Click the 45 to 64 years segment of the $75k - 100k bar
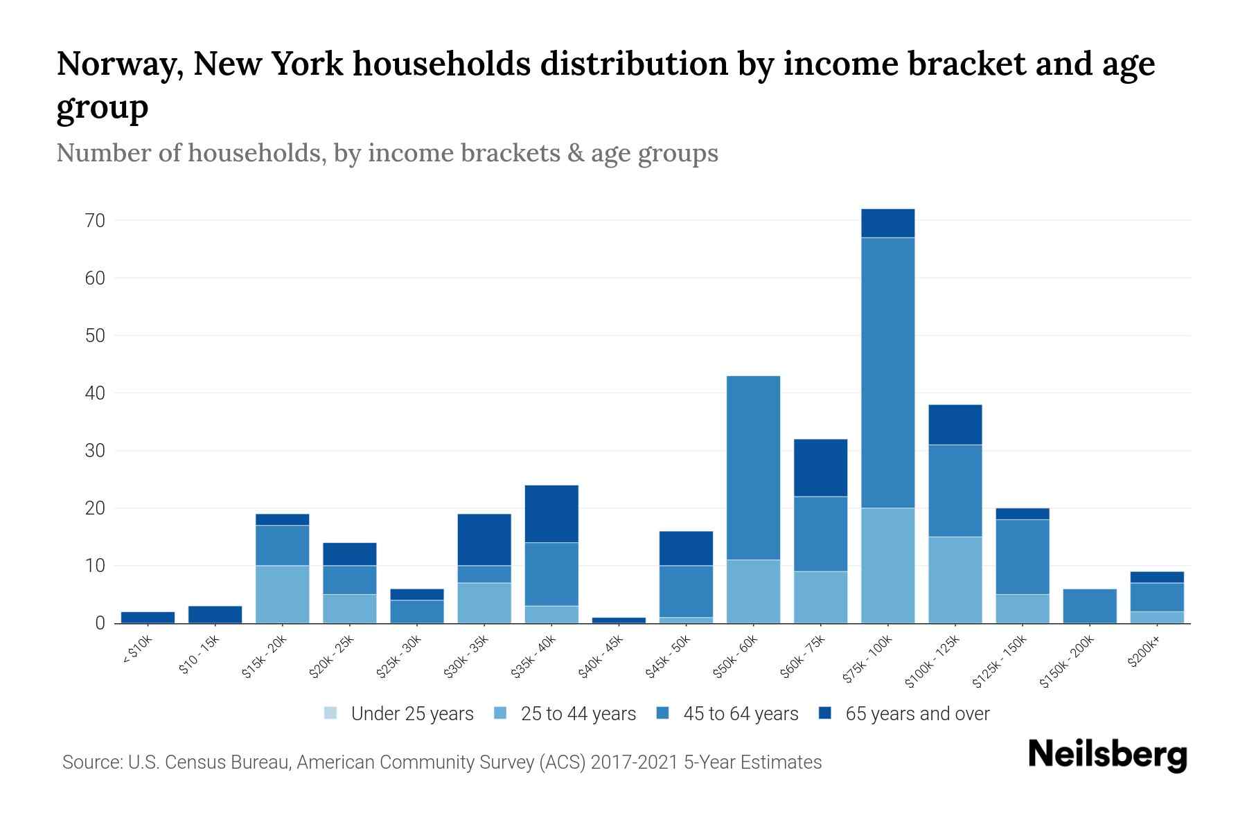click(887, 373)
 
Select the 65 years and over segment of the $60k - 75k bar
click(820, 467)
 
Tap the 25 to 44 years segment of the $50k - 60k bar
click(753, 591)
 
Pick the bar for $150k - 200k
click(1089, 606)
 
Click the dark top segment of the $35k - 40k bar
click(551, 514)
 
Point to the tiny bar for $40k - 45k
click(619, 620)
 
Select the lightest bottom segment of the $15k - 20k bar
click(282, 594)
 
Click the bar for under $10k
click(148, 618)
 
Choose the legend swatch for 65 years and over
click(824, 713)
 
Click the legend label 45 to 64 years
click(741, 714)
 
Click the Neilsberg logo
click(1107, 755)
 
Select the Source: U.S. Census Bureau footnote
click(441, 762)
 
